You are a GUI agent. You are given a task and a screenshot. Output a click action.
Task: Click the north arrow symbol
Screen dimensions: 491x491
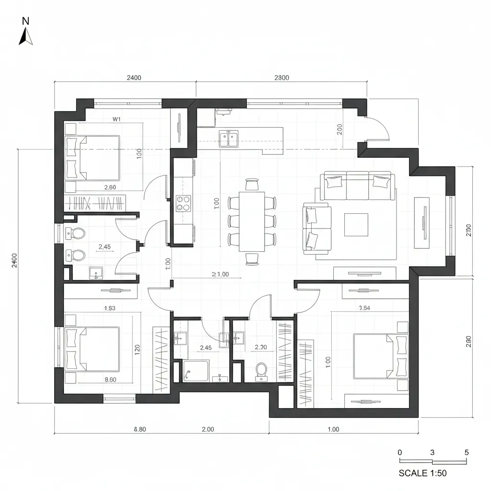point(25,34)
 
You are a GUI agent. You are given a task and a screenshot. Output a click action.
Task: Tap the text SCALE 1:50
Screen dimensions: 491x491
point(422,473)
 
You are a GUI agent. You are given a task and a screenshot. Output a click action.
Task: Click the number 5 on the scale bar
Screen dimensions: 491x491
point(467,453)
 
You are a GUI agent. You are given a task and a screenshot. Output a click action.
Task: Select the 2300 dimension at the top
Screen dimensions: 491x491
point(281,78)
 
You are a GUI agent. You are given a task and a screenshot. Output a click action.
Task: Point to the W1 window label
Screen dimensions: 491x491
point(116,118)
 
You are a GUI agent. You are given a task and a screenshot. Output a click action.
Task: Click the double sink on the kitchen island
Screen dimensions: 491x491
point(229,139)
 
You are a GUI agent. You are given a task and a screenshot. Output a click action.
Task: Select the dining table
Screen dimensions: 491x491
point(252,221)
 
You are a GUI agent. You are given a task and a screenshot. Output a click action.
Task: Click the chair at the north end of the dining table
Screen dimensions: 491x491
point(252,184)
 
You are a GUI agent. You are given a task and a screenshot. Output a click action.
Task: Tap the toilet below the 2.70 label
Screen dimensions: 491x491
point(261,370)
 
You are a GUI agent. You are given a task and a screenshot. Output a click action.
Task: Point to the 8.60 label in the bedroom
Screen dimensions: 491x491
point(110,379)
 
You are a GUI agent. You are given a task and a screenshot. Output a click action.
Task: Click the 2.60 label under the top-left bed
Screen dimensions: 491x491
point(110,187)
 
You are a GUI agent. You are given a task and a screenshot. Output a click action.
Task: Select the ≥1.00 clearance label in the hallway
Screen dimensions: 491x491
point(220,274)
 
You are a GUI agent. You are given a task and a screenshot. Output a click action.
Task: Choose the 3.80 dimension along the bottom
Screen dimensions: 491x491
point(139,429)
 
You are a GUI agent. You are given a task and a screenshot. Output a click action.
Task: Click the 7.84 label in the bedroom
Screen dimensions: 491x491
point(364,308)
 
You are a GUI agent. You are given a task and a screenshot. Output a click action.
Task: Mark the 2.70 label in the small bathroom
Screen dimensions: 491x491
point(261,348)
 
